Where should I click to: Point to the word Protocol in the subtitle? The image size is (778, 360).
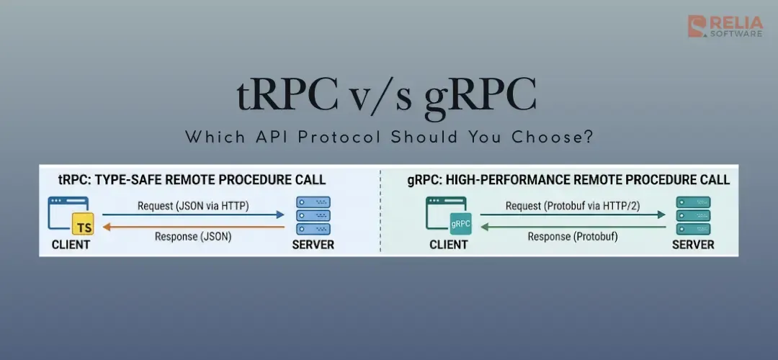pyautogui.click(x=345, y=137)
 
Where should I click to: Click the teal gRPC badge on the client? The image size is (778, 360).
pyautogui.click(x=460, y=224)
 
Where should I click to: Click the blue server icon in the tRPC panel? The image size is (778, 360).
pyautogui.click(x=313, y=215)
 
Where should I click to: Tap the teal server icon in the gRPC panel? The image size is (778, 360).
pyautogui.click(x=692, y=215)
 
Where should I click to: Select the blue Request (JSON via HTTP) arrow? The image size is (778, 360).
pyautogui.click(x=193, y=215)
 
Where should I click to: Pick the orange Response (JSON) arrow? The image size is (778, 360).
pyautogui.click(x=193, y=226)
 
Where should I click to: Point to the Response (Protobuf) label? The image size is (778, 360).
pyautogui.click(x=573, y=236)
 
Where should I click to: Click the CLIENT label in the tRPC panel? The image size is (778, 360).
pyautogui.click(x=71, y=245)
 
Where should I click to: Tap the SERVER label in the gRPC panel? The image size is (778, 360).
pyautogui.click(x=693, y=245)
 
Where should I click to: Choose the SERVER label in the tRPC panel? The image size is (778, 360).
pyautogui.click(x=313, y=245)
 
